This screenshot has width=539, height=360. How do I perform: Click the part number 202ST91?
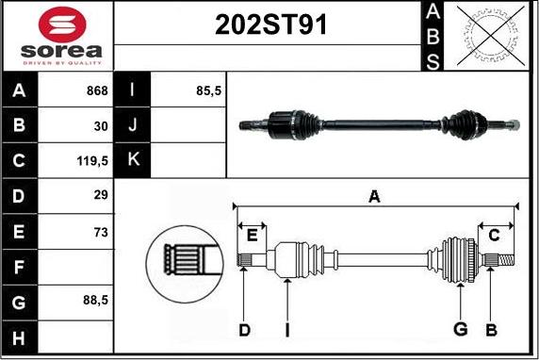268,25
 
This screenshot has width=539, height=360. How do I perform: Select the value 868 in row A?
95,91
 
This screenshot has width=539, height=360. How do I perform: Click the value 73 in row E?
101,231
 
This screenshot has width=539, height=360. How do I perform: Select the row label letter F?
20,267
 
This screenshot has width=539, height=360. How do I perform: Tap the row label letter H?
20,336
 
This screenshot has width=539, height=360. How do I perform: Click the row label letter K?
133,160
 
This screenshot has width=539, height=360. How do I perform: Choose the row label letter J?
133,125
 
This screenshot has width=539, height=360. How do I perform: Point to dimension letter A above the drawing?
374,196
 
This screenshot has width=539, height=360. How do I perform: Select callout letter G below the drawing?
460,329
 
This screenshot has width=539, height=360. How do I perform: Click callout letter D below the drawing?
243,329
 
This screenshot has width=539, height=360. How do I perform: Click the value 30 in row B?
101,125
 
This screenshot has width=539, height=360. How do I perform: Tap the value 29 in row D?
101,196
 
